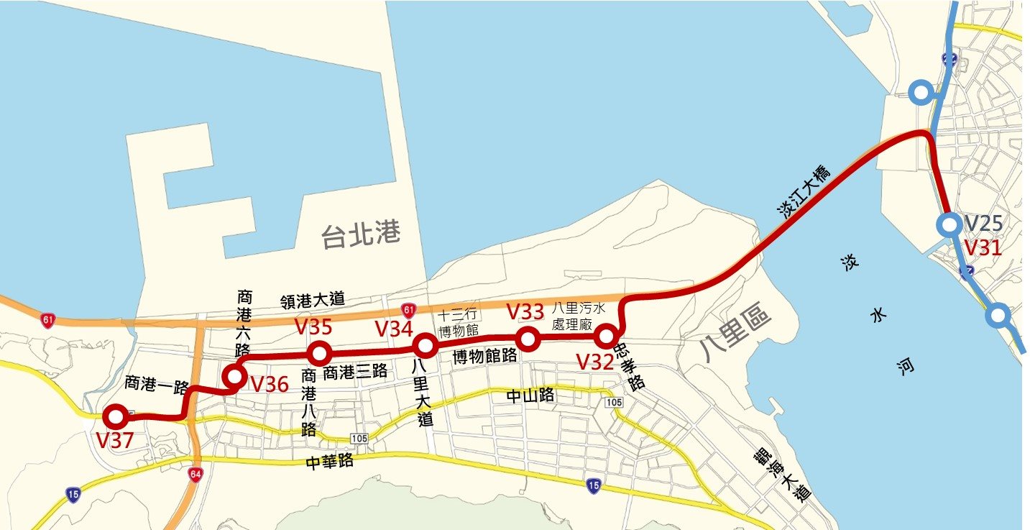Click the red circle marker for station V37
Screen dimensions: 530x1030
(115, 416)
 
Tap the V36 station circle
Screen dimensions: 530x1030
(234, 376)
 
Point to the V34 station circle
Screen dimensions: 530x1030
(426, 347)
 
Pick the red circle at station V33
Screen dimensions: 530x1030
(528, 339)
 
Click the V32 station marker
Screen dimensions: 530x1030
(606, 336)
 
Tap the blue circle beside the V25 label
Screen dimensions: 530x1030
(949, 225)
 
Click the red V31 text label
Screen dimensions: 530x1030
(982, 248)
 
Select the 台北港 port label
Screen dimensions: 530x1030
(360, 235)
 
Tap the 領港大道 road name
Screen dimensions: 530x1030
(313, 299)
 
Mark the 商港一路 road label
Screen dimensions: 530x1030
(156, 382)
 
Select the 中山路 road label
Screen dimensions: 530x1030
(530, 395)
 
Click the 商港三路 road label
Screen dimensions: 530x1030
(355, 372)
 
